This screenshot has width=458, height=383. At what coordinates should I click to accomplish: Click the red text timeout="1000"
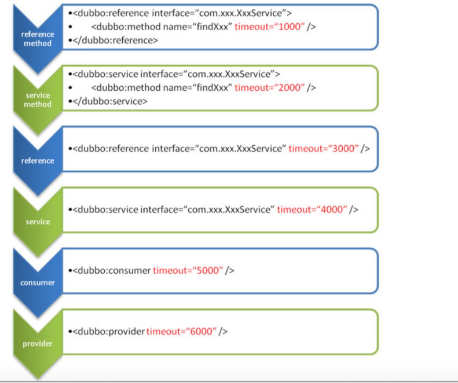click(x=269, y=27)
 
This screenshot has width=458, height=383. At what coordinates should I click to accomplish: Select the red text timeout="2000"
click(x=269, y=87)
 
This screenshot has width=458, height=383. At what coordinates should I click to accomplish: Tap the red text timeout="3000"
click(x=323, y=148)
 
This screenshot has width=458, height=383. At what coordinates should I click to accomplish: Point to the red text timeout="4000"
click(x=312, y=209)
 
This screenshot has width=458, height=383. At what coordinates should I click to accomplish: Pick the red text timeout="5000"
click(x=188, y=270)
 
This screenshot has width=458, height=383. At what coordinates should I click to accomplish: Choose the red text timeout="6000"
click(x=181, y=331)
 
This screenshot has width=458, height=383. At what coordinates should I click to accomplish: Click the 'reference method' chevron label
click(x=38, y=39)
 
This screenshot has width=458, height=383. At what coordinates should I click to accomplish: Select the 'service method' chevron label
click(x=38, y=100)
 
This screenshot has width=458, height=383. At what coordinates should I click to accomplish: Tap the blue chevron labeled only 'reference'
click(x=38, y=160)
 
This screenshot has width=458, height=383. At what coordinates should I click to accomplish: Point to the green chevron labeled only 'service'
click(x=38, y=222)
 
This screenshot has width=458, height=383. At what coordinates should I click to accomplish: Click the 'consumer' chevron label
click(x=38, y=283)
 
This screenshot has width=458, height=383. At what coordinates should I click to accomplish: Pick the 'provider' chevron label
click(x=38, y=344)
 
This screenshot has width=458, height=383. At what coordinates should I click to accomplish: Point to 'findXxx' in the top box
click(x=215, y=27)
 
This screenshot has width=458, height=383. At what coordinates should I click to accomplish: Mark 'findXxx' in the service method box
click(x=215, y=87)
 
